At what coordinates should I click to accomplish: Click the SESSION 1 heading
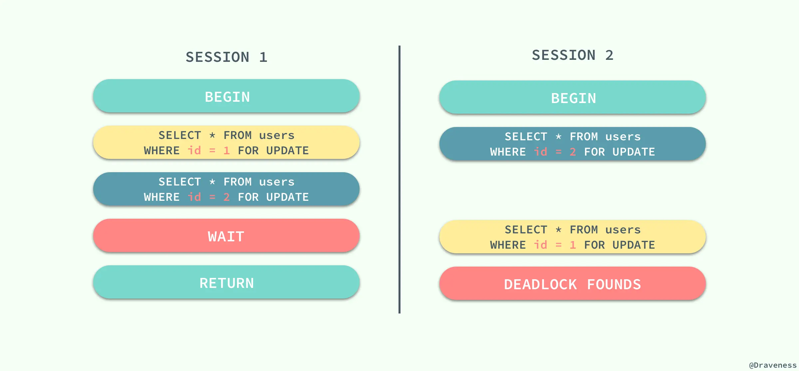tap(226, 57)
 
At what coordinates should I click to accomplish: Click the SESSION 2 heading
tap(573, 55)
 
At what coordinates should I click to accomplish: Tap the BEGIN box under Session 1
tap(226, 96)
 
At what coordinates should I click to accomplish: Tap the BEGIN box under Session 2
tap(573, 98)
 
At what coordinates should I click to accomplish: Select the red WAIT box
tap(226, 236)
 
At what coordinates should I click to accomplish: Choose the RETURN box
tap(226, 283)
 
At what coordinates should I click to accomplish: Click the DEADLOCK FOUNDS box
tap(573, 284)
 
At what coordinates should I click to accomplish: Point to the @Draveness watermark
tap(772, 365)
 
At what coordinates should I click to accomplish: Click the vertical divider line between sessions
tap(400, 180)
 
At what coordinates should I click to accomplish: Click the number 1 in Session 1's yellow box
tap(227, 151)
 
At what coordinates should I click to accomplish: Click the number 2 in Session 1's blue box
tap(227, 197)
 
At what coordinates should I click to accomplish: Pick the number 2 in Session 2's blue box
tap(573, 152)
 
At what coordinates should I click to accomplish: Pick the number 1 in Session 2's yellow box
tap(573, 245)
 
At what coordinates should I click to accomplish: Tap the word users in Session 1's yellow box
tap(277, 135)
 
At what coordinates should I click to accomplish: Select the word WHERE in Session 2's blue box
tap(508, 152)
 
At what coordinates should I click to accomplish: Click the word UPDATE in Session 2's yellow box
tap(634, 245)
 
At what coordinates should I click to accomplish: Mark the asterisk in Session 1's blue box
tap(212, 182)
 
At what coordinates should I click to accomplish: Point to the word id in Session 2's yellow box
tap(540, 245)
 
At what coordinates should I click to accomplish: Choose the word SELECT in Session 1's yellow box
tap(180, 135)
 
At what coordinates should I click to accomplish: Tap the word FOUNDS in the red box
tap(614, 285)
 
